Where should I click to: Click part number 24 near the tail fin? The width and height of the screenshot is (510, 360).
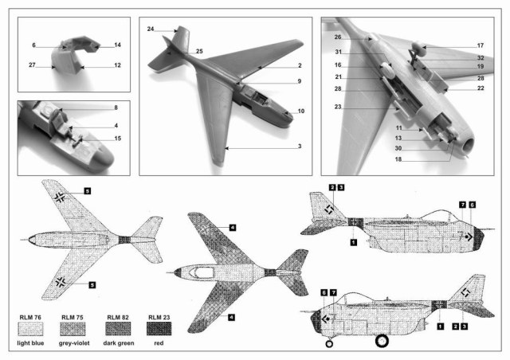150,29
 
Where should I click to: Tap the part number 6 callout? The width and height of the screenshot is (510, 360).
34,45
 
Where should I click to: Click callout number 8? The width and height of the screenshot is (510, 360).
116,107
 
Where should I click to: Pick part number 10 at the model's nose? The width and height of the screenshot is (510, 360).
300,111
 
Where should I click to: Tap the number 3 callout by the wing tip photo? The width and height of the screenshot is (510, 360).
300,147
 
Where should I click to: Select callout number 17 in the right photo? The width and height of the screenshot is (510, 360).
481,46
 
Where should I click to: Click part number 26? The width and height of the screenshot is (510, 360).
337,37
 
